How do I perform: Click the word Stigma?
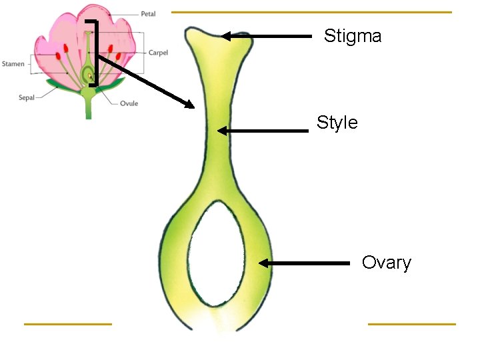[353, 36]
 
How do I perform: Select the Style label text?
[337, 123]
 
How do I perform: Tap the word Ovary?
[387, 263]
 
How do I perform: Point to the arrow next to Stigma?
[267, 37]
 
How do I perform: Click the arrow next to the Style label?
[263, 131]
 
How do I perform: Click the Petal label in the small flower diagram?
[148, 14]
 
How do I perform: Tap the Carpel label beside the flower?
[158, 53]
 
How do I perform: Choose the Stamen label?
[13, 64]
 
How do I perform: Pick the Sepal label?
[27, 98]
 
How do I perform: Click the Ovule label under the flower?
[129, 104]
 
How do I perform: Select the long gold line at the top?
[311, 12]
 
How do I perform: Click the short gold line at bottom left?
[67, 324]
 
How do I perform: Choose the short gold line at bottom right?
[411, 324]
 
